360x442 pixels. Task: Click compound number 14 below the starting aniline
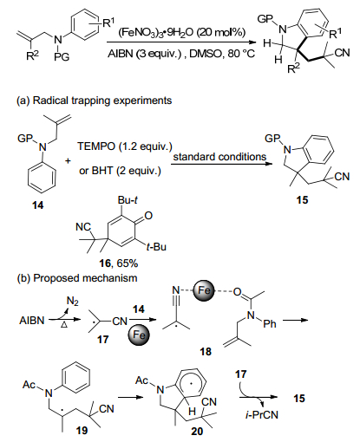(x=38, y=205)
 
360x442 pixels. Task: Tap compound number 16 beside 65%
(x=105, y=263)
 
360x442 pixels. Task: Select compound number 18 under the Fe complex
(x=206, y=352)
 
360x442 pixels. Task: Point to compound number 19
(x=82, y=431)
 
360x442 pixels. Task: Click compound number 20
(x=197, y=432)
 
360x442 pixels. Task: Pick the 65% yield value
(x=127, y=263)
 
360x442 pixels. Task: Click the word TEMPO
(x=96, y=146)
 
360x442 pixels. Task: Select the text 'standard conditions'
(x=219, y=157)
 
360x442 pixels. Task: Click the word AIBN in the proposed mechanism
(x=32, y=321)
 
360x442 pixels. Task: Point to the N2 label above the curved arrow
(x=73, y=302)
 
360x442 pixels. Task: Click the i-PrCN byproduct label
(x=262, y=415)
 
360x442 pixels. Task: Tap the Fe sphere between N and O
(x=204, y=290)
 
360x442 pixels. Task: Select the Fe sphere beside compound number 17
(x=138, y=335)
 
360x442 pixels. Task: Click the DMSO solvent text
(x=206, y=54)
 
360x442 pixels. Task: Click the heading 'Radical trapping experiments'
(x=102, y=101)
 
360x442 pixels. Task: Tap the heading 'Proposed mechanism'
(x=85, y=278)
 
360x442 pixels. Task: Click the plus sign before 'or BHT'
(x=68, y=160)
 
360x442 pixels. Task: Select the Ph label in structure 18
(x=270, y=324)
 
